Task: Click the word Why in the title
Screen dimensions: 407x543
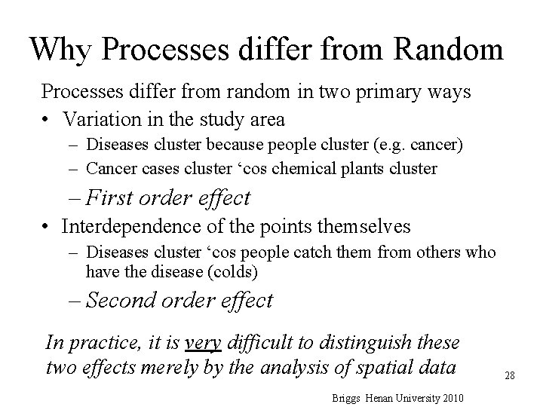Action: pyautogui.click(x=63, y=49)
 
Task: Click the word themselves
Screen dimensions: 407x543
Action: pyautogui.click(x=369, y=225)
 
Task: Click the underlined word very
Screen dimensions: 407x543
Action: pyautogui.click(x=203, y=344)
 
